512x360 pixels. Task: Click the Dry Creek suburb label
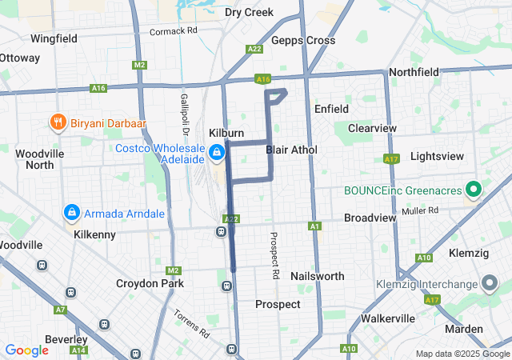[249, 12]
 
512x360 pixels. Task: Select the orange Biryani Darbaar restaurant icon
[57, 122]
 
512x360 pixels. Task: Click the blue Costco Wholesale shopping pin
[217, 152]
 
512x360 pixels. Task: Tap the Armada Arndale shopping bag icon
[72, 213]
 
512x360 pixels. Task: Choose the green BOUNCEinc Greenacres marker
[473, 190]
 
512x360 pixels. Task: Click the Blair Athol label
[291, 150]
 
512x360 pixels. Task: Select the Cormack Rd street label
[173, 31]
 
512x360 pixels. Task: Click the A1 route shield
[314, 227]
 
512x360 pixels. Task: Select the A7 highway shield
[60, 309]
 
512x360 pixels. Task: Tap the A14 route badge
[78, 350]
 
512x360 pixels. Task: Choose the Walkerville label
[387, 318]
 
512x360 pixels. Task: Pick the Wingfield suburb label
[54, 38]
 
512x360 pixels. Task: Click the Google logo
[26, 350]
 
